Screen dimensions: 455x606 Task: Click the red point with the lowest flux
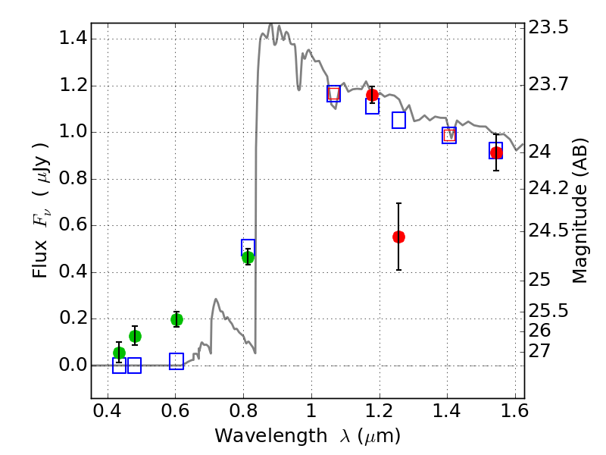pyautogui.click(x=398, y=237)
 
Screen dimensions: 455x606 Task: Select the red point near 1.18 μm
pyautogui.click(x=372, y=95)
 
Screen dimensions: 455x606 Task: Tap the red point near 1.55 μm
pyautogui.click(x=496, y=152)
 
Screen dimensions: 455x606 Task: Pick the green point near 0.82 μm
pyautogui.click(x=248, y=257)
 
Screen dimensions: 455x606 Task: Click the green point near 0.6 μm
pyautogui.click(x=176, y=319)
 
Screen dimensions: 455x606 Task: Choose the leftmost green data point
pyautogui.click(x=119, y=353)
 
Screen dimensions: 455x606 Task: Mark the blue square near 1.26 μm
pyautogui.click(x=399, y=121)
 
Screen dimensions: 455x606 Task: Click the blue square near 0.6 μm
pyautogui.click(x=176, y=361)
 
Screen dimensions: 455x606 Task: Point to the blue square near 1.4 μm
pyautogui.click(x=449, y=136)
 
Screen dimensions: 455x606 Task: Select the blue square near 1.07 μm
pyautogui.click(x=333, y=94)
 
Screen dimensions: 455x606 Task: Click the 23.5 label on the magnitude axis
pyautogui.click(x=549, y=28)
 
